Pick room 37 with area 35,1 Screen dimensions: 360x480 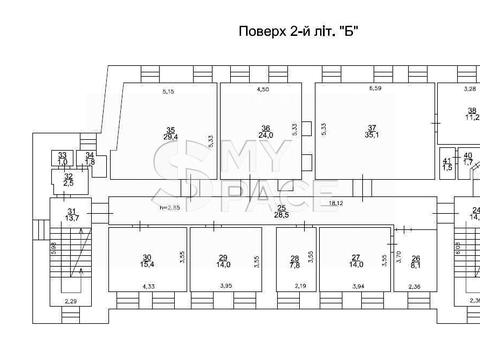click(371, 133)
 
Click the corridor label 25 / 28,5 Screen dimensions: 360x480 click(281, 210)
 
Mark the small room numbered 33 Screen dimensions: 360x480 click(61, 158)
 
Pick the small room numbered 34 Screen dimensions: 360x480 click(90, 158)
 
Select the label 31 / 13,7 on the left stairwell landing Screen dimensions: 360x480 click(71, 213)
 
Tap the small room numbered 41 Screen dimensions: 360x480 click(446, 164)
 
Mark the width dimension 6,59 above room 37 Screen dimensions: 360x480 click(375, 91)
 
